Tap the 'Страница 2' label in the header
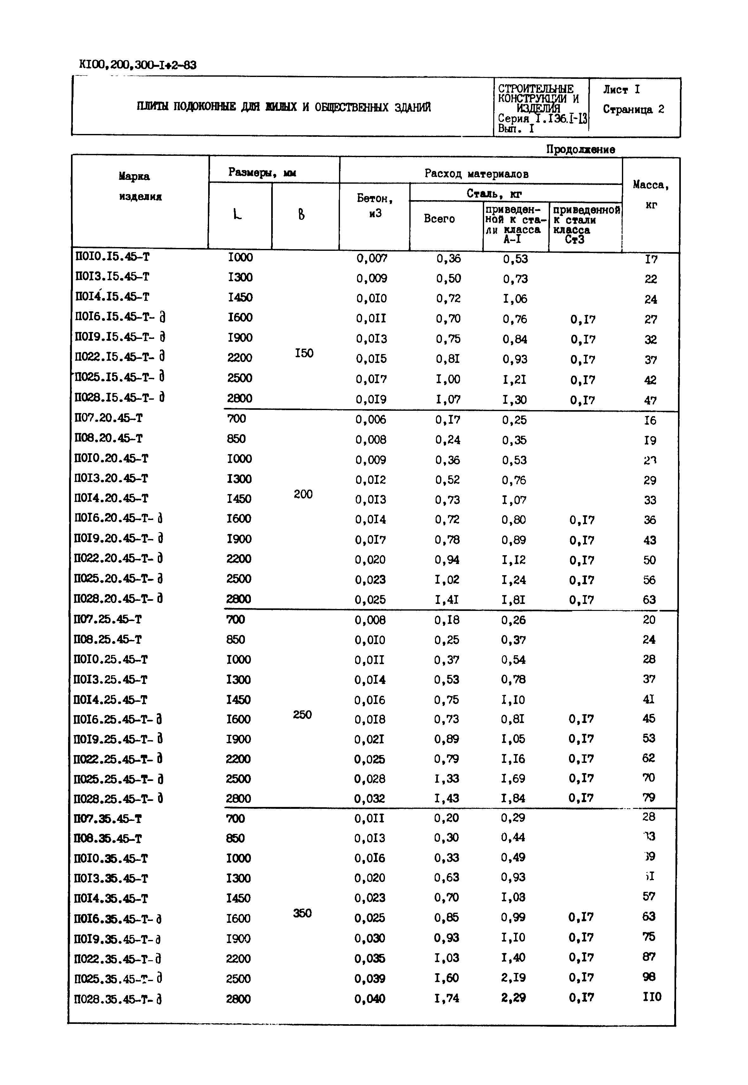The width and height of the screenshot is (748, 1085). (633, 110)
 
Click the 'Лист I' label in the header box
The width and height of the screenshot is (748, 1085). (621, 90)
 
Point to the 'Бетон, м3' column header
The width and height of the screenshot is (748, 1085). (374, 206)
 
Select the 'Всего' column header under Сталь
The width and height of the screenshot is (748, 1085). (439, 219)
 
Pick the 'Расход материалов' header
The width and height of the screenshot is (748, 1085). (476, 174)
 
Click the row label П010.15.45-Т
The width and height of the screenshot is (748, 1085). (112, 257)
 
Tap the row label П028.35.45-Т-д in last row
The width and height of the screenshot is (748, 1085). (118, 1000)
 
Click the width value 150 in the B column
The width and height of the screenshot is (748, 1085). (304, 353)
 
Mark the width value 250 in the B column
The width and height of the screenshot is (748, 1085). (302, 714)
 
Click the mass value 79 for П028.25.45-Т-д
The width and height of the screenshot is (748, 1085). (649, 797)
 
